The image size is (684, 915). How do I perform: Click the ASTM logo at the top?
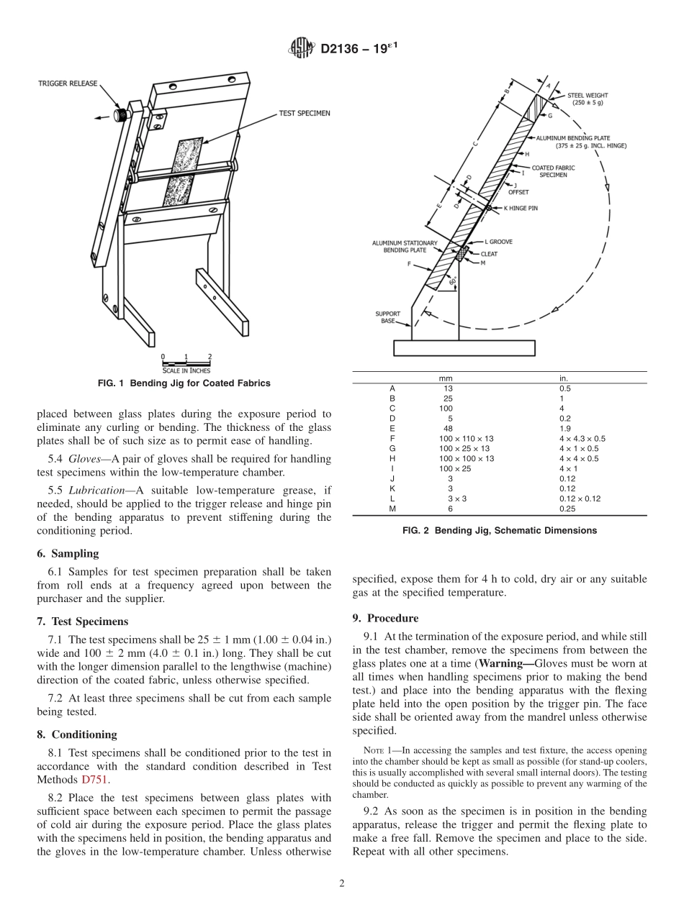coord(302,49)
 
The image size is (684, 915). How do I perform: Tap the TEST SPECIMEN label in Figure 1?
coord(305,114)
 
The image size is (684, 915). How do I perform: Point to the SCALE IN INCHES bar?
coord(186,363)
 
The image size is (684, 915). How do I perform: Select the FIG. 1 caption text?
coord(184,383)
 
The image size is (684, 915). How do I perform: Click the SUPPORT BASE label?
coord(388,317)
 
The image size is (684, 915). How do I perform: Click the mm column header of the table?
coord(446,378)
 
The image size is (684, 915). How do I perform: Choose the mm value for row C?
coord(446,408)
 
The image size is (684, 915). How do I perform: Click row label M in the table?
coord(392,508)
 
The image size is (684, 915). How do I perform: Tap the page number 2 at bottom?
coord(341,884)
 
